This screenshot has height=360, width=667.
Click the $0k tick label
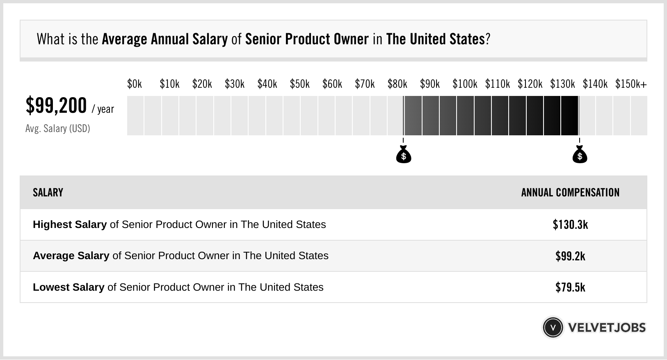[135, 84]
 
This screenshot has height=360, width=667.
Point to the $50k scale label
[299, 84]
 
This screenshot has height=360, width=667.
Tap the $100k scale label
[465, 84]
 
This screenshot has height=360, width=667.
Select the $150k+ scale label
[631, 84]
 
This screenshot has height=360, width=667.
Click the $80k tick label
[397, 84]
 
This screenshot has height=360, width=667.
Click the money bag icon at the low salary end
[404, 155]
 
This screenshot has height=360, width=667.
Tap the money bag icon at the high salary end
[580, 155]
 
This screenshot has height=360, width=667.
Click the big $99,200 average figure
[56, 106]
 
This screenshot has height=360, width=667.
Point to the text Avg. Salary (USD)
[57, 129]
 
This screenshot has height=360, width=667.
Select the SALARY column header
[48, 193]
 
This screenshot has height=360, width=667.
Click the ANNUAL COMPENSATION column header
[570, 193]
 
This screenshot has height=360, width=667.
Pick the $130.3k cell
[570, 225]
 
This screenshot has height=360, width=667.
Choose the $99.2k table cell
[570, 256]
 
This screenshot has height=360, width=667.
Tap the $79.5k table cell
[570, 287]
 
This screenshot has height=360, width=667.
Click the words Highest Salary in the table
[70, 225]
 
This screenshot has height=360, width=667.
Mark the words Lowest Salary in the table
[69, 287]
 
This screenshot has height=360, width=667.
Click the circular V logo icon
[553, 328]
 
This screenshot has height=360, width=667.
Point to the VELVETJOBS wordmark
[607, 328]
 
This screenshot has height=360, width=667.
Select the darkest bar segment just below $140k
[570, 116]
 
